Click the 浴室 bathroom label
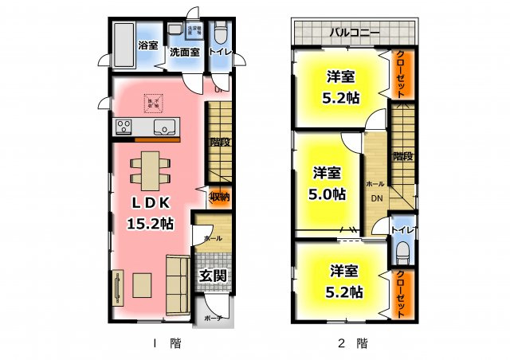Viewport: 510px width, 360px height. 147,45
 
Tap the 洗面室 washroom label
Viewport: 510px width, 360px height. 185,53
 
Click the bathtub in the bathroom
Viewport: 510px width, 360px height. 124,45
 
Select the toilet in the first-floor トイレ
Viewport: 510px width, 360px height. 221,34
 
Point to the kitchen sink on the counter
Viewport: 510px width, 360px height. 166,127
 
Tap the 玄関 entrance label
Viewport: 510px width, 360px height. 213,276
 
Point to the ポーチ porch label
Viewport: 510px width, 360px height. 214,318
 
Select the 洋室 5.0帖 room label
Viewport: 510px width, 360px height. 327,182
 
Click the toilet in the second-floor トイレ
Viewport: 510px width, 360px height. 403,254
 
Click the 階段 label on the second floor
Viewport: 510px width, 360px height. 403,156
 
